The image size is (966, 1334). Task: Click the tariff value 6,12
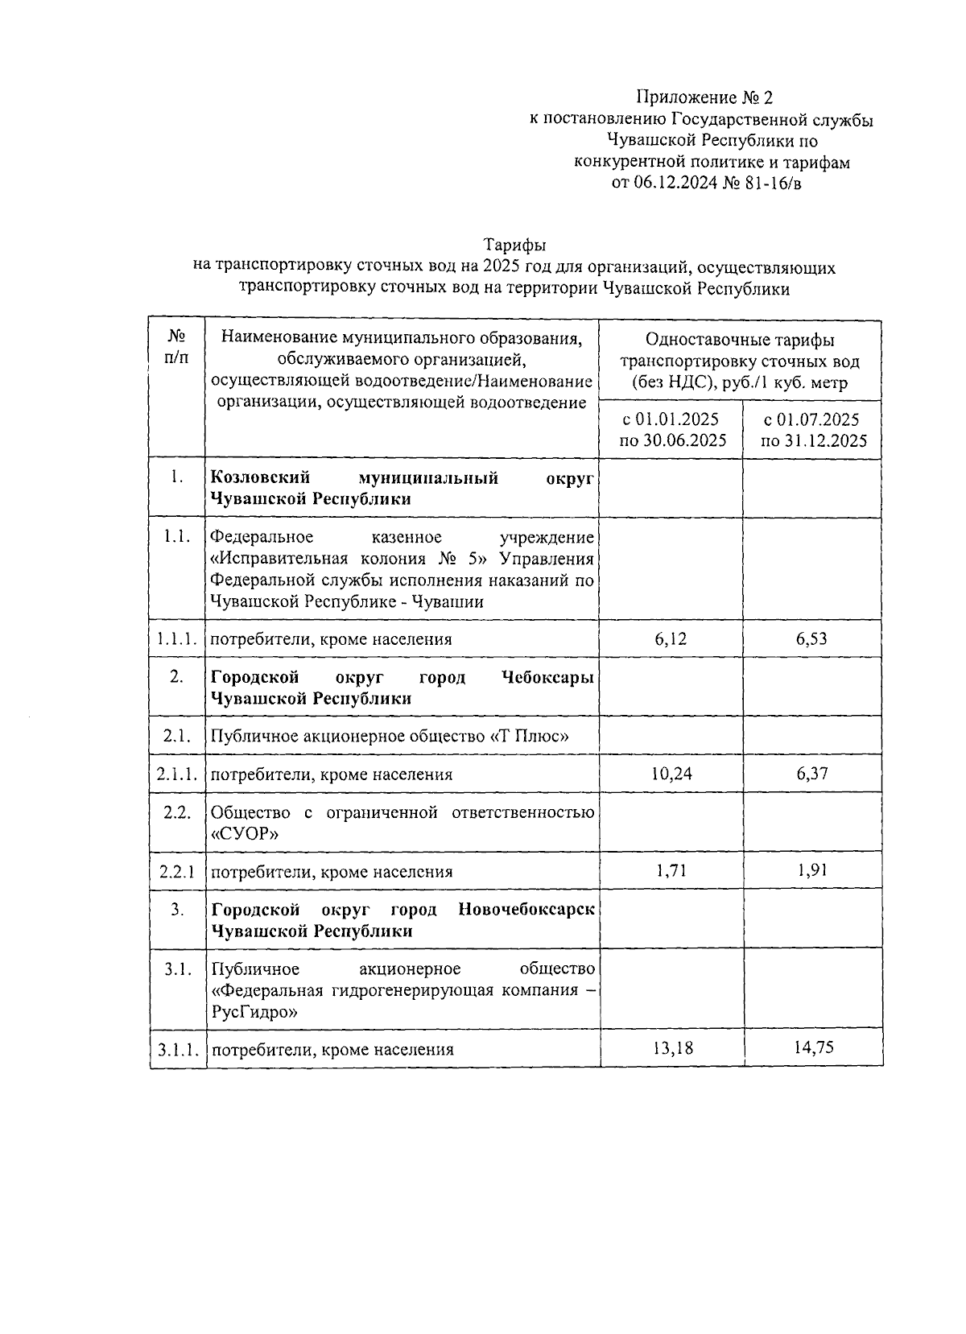point(671,639)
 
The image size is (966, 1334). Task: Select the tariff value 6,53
point(811,639)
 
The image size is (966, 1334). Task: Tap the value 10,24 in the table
point(671,774)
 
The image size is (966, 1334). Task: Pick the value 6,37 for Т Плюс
point(811,774)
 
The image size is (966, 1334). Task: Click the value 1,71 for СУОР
point(671,870)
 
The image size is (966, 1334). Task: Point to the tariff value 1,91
point(812,870)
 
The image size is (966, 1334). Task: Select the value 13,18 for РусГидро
point(671,1048)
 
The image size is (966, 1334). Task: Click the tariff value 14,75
point(812,1048)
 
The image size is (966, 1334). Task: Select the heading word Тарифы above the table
point(515,244)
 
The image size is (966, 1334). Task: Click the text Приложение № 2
point(704,98)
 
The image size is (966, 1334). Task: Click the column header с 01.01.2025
point(671,419)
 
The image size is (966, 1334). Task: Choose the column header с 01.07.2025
point(812,419)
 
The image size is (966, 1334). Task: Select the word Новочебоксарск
point(526,910)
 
